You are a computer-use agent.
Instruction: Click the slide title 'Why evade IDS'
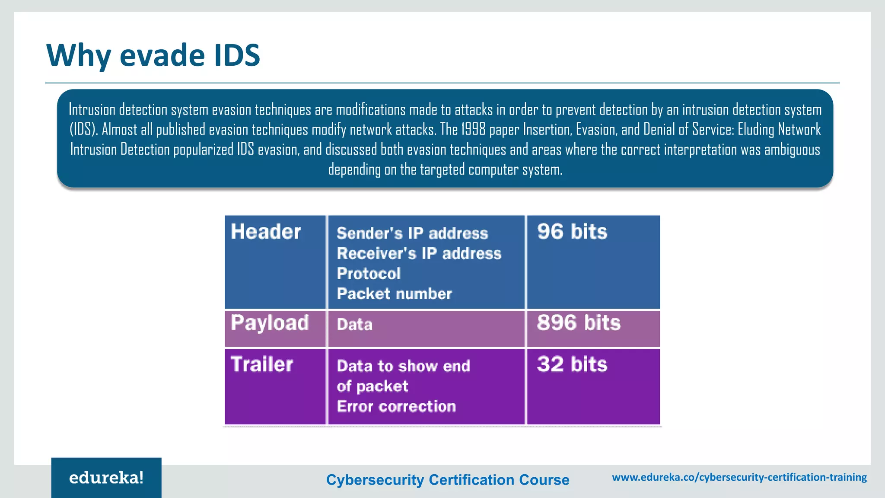(x=153, y=55)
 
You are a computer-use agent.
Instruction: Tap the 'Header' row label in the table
(x=266, y=232)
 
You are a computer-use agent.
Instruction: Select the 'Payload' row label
(x=270, y=323)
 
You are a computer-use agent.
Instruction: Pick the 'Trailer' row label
(x=262, y=364)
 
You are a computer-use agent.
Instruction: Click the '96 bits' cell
(x=572, y=232)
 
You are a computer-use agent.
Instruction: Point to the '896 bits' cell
(x=579, y=323)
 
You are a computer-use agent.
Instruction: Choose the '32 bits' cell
(x=572, y=364)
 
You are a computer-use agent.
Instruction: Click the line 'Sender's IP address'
(x=412, y=233)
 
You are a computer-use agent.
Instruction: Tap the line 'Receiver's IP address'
(x=419, y=254)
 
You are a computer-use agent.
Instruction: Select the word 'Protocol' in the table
(x=369, y=274)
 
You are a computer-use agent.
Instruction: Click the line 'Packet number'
(x=394, y=294)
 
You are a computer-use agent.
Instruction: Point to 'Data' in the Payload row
(x=354, y=325)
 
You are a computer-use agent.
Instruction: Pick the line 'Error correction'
(x=396, y=406)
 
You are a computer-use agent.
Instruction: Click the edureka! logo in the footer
(x=106, y=478)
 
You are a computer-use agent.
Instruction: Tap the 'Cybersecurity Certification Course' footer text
(x=448, y=480)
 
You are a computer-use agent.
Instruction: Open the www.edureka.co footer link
(x=739, y=477)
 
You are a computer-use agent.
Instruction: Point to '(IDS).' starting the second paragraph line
(x=84, y=129)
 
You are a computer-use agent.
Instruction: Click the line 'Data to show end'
(x=403, y=366)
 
